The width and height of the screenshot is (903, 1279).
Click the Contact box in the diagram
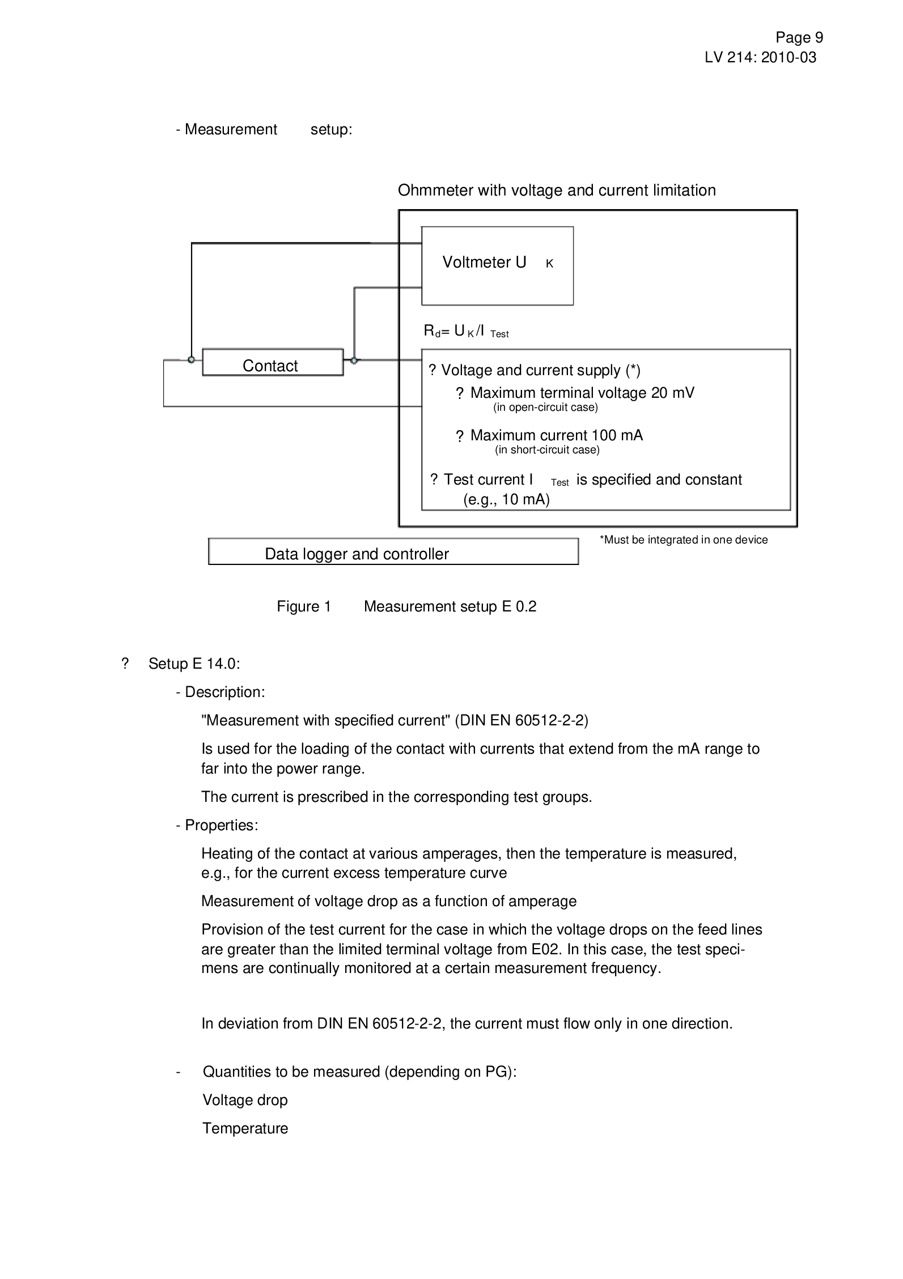tap(273, 363)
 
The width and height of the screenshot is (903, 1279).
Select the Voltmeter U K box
tap(497, 266)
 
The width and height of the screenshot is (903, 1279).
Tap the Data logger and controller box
tap(393, 551)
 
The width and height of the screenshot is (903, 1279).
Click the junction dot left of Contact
tap(192, 360)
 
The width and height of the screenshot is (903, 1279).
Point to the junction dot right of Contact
tap(354, 360)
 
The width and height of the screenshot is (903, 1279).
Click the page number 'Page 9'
tap(799, 37)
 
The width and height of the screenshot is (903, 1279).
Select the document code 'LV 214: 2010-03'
tap(761, 57)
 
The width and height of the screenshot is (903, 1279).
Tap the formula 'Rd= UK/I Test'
tap(467, 332)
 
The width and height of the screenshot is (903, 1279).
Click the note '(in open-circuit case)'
tap(546, 407)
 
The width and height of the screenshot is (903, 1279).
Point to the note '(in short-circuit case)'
tap(547, 450)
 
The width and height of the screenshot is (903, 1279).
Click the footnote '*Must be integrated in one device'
tap(684, 540)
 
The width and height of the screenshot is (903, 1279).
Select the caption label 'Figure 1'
tap(304, 607)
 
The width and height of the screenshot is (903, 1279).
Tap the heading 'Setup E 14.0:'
tap(194, 664)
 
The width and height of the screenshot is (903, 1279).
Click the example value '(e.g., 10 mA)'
tap(507, 500)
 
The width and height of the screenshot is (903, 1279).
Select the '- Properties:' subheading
tap(217, 825)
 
